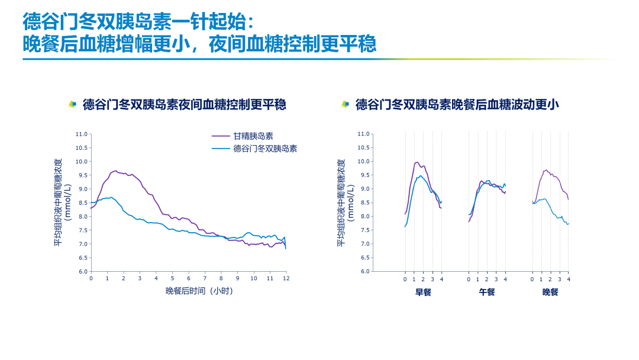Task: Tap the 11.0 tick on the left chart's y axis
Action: (82, 134)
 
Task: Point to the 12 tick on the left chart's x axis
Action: (286, 278)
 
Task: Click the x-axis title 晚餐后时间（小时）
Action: (204, 291)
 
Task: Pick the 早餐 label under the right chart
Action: (423, 292)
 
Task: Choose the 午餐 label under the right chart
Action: (486, 292)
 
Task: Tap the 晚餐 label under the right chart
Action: (550, 292)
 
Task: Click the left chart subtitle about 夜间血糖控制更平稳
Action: (185, 105)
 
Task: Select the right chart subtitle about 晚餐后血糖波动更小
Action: (457, 105)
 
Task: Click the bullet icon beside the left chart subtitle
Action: (73, 104)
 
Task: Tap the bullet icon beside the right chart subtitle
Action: (346, 104)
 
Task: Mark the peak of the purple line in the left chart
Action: (115, 171)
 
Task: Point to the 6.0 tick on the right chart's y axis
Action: (364, 271)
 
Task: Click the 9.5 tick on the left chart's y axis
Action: (82, 175)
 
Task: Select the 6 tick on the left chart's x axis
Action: (189, 278)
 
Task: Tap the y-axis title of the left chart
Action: (62, 202)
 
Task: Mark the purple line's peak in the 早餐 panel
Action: (417, 162)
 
